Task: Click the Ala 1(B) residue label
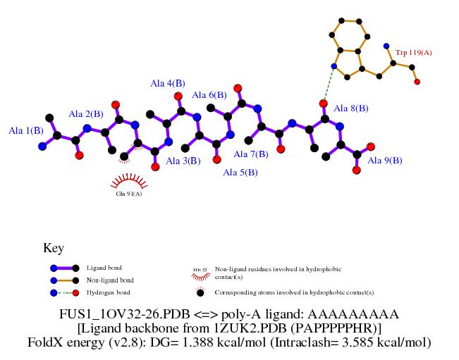click(x=26, y=130)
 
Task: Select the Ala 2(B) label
click(x=86, y=114)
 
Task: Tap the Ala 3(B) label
click(x=183, y=161)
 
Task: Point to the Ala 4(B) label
click(x=168, y=84)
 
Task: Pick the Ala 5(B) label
click(x=240, y=172)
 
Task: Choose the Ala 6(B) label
click(x=209, y=95)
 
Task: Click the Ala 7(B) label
click(x=251, y=154)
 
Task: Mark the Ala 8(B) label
click(x=350, y=108)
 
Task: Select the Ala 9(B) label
click(x=385, y=161)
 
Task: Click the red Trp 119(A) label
click(x=414, y=52)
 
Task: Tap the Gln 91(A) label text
click(x=129, y=194)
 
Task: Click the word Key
click(x=54, y=248)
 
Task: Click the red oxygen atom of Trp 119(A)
click(x=417, y=82)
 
